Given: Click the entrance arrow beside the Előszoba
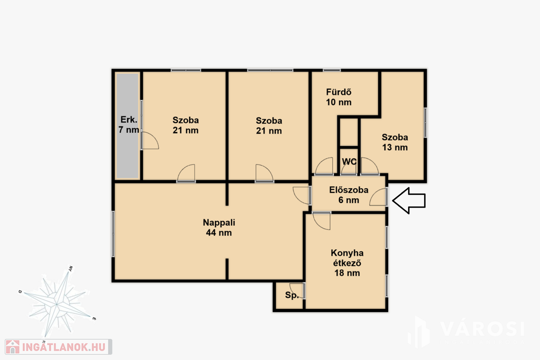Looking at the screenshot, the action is (x=409, y=200).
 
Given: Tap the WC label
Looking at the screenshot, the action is (x=349, y=161).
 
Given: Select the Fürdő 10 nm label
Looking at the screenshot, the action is (x=339, y=97).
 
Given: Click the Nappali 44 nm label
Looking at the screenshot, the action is (x=219, y=228).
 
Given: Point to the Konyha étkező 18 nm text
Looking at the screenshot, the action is (x=347, y=263).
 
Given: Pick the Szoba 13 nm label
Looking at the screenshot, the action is (x=395, y=142).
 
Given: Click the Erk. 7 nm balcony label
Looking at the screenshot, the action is (x=129, y=124).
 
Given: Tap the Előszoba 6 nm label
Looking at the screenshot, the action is (x=349, y=195).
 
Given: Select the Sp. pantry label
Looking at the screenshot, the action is (x=292, y=295).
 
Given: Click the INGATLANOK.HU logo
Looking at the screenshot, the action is (x=58, y=347).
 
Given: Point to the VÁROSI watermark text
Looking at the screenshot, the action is (x=482, y=329).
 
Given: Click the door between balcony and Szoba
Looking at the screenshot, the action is (x=149, y=141).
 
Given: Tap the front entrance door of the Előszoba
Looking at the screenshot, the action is (x=378, y=197).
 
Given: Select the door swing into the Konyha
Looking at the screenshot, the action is (x=322, y=221).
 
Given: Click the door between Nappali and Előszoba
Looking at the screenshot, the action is (x=302, y=196).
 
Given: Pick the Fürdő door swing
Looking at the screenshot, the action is (x=324, y=166).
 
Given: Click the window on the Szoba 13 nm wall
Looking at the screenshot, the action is (x=426, y=123).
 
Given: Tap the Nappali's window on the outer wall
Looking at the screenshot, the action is (x=113, y=233).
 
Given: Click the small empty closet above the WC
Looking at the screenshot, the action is (x=349, y=132).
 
